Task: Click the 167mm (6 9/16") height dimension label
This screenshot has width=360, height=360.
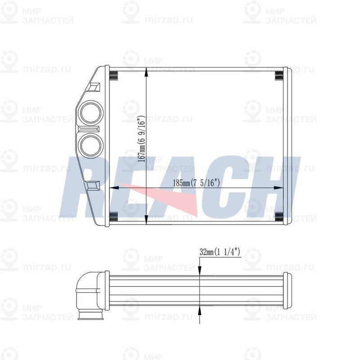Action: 142,139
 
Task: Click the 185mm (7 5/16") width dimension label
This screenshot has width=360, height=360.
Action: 197,183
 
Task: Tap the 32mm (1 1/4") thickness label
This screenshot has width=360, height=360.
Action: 220,252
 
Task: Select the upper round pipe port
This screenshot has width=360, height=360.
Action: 91,112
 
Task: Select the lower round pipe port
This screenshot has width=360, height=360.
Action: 91,145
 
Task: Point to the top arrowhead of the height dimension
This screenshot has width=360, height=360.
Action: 146,73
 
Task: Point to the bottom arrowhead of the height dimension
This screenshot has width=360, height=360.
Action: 146,219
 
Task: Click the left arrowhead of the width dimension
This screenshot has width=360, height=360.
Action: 114,188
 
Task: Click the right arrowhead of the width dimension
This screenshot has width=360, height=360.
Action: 278,188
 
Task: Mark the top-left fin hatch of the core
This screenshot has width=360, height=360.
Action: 114,76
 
